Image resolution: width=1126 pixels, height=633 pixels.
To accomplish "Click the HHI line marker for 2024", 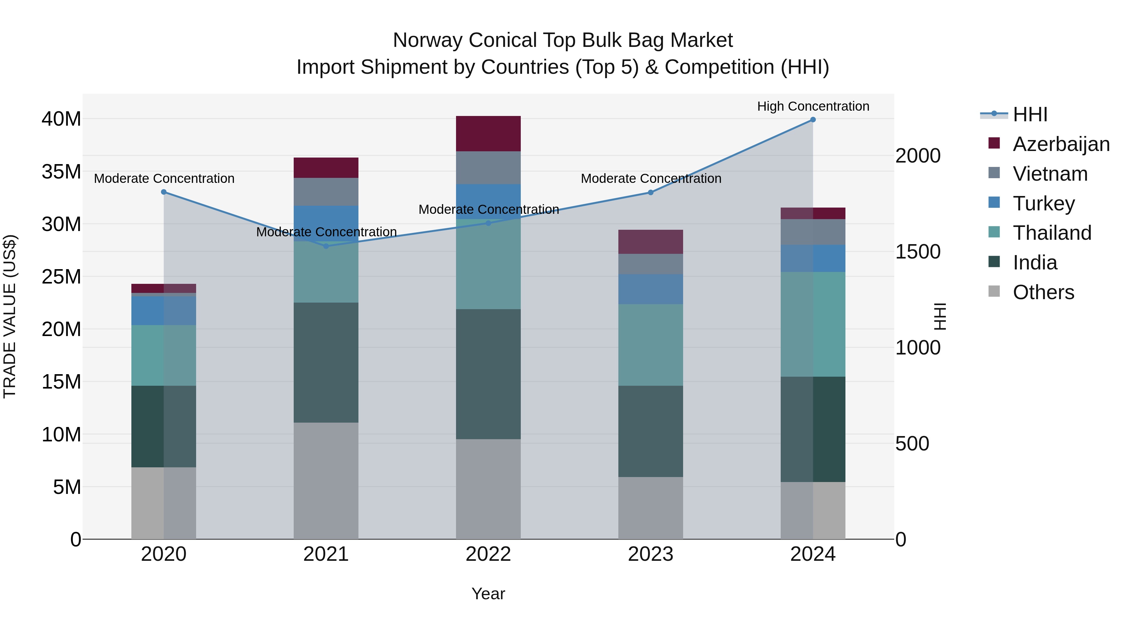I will click(x=813, y=119).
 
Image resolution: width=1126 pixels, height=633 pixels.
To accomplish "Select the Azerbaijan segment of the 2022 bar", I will click(x=488, y=134).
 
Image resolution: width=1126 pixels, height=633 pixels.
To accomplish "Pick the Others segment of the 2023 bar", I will click(x=651, y=508).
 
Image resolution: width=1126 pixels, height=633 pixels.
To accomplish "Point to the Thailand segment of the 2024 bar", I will click(x=813, y=324).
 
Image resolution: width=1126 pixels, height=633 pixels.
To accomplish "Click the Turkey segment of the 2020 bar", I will click(x=164, y=311).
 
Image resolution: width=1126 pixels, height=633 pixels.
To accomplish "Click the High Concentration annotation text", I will click(x=813, y=107).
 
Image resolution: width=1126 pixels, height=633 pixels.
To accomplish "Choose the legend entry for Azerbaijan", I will click(x=1061, y=144).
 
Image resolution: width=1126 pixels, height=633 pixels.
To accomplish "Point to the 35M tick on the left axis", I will click(x=61, y=172).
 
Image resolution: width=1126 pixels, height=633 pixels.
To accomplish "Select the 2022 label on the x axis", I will click(x=488, y=554).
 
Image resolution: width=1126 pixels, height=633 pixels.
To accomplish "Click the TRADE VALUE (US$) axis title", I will click(x=10, y=316).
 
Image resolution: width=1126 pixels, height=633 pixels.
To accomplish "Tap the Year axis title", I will click(x=488, y=594).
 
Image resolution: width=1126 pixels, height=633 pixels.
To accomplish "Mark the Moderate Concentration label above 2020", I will click(x=164, y=179).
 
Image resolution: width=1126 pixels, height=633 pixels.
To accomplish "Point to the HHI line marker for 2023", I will click(x=651, y=192).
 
